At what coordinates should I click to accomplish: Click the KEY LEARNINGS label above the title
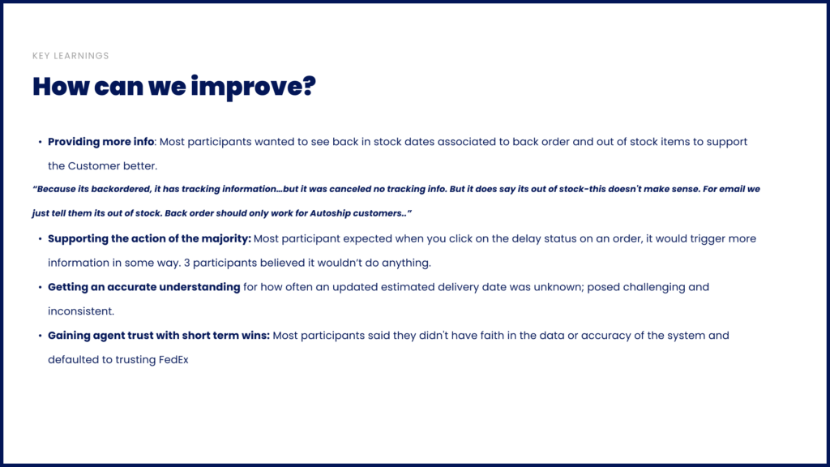tap(71, 56)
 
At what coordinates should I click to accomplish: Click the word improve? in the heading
tap(253, 87)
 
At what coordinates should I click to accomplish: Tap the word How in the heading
tap(61, 86)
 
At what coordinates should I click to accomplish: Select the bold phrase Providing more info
tap(101, 142)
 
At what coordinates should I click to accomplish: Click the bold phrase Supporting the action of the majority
tap(149, 239)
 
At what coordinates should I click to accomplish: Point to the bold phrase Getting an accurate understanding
tap(144, 287)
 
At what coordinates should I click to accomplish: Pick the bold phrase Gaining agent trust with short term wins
tap(159, 336)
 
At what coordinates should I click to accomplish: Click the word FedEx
tap(173, 359)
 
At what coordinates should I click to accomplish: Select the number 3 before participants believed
tap(187, 263)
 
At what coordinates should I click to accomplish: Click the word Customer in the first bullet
tap(94, 165)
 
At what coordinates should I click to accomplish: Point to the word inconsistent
tap(81, 311)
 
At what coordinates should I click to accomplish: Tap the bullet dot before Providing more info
tap(40, 142)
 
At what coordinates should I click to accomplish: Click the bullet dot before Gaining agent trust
tap(40, 336)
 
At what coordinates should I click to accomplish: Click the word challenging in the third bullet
tap(654, 288)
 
